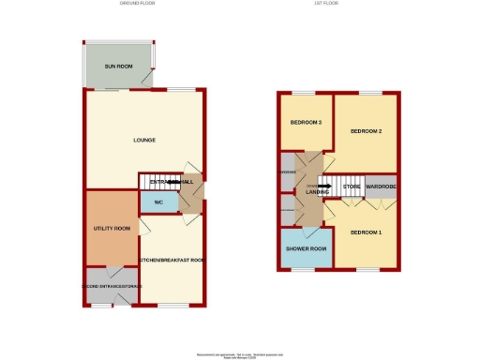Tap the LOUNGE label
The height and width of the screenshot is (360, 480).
point(143,141)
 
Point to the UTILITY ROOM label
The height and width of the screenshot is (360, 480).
point(111,229)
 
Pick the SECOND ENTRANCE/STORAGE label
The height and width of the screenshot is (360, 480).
point(111,286)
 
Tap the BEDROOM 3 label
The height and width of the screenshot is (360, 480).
point(306,124)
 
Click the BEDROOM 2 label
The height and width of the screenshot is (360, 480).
point(367,130)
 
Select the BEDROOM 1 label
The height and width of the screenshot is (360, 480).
point(367,231)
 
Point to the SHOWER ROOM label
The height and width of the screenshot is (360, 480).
point(307,248)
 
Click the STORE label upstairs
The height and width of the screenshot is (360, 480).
point(352,187)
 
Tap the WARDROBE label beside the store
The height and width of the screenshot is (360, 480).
point(382,187)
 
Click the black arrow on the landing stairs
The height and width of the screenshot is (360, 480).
point(323,187)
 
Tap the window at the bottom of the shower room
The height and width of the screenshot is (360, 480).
point(307,268)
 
